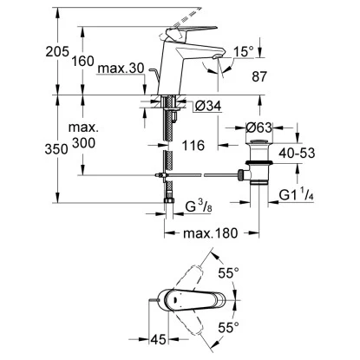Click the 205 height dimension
(x=18, y=51)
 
